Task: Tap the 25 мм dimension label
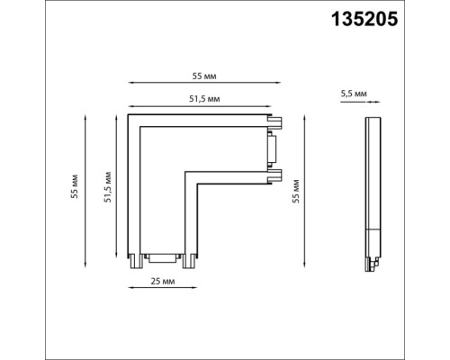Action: click(x=163, y=282)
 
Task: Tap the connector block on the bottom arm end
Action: click(x=163, y=259)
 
